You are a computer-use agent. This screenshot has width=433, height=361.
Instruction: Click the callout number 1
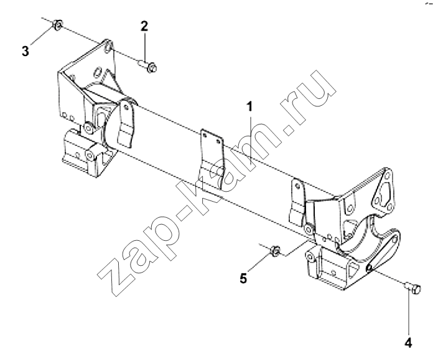click(x=250, y=106)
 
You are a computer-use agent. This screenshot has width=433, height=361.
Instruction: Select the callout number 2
click(x=144, y=26)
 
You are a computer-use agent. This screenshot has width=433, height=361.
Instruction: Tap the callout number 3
click(x=26, y=52)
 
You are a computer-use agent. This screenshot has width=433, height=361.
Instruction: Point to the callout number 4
click(x=408, y=343)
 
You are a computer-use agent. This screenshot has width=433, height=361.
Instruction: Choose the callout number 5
click(x=243, y=278)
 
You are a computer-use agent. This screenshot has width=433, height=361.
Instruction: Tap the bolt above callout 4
click(x=413, y=288)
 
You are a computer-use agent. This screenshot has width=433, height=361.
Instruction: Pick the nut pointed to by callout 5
click(x=275, y=251)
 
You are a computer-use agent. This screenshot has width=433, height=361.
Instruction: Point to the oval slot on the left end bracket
click(x=98, y=72)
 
